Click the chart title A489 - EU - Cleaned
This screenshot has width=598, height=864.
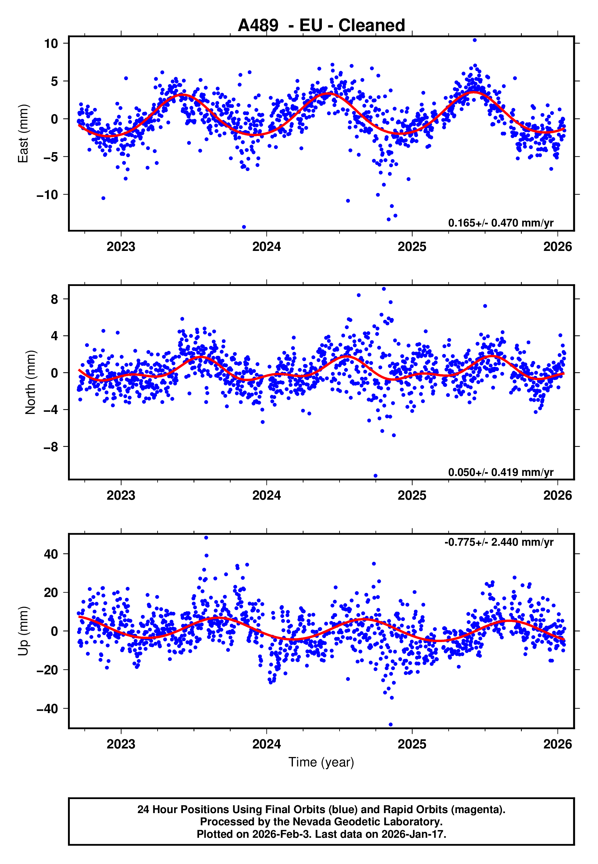(321, 26)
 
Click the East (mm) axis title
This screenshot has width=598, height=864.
(23, 134)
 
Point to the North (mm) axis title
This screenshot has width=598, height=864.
(30, 382)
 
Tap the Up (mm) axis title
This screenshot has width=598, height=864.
(23, 631)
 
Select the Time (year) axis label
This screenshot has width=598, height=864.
(321, 762)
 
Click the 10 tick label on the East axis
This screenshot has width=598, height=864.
(51, 44)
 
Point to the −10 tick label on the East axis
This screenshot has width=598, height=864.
(48, 195)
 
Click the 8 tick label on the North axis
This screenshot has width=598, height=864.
(55, 299)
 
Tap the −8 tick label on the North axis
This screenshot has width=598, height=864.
(51, 447)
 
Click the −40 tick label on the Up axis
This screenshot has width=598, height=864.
(48, 709)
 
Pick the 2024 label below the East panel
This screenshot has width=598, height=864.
(266, 247)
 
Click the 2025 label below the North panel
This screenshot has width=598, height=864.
(412, 495)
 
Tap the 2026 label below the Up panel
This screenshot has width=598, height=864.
(557, 744)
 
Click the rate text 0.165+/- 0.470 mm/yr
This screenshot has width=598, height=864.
(500, 223)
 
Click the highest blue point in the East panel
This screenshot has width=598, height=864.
(474, 40)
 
